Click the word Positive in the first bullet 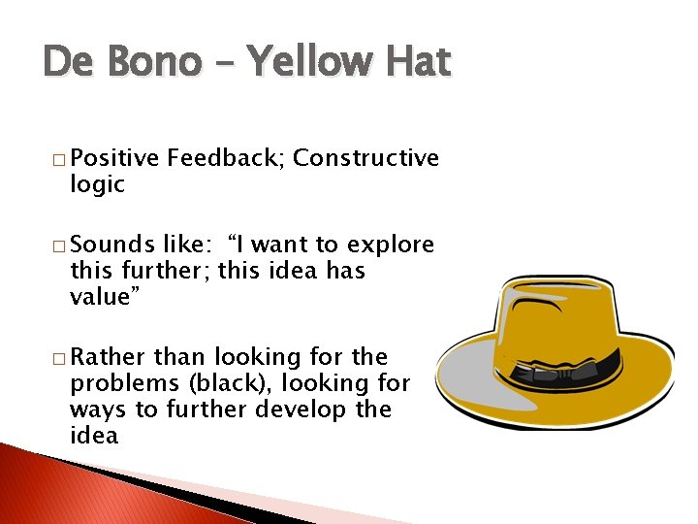click(x=114, y=158)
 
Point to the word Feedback click(x=225, y=158)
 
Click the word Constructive click(x=365, y=158)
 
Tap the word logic click(x=98, y=185)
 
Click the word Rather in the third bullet click(x=109, y=357)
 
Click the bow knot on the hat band click(x=529, y=375)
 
